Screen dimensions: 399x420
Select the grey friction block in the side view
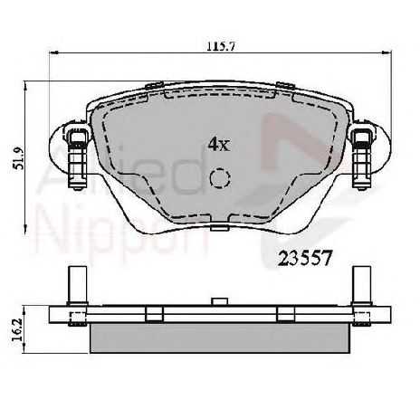(x=220, y=337)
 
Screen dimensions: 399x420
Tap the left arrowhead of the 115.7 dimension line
(x=51, y=56)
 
